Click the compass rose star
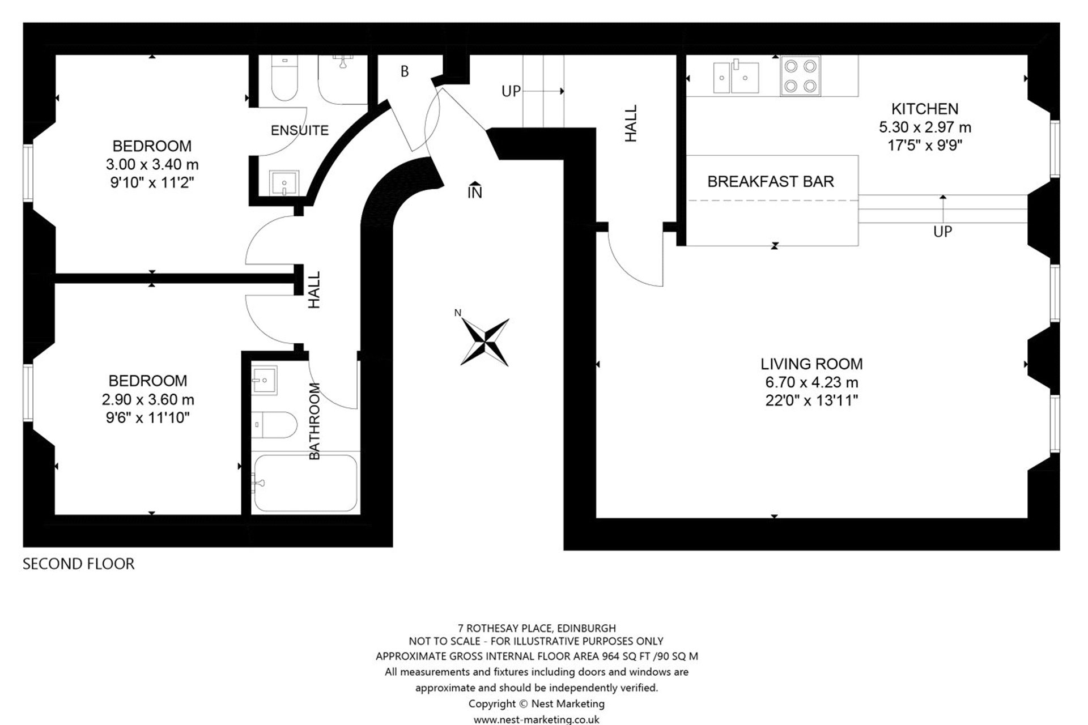(x=484, y=342)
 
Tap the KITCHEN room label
(x=925, y=109)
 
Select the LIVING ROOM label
(x=811, y=364)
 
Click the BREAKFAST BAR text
(x=771, y=181)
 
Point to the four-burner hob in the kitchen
(x=800, y=75)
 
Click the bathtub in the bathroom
(x=305, y=483)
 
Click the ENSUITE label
(x=300, y=130)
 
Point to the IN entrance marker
(x=475, y=191)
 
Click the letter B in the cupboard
(x=405, y=71)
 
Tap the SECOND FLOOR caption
(x=79, y=564)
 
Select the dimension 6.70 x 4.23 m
(x=811, y=382)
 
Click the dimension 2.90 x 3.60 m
(x=148, y=399)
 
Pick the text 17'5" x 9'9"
(x=925, y=146)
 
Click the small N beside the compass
(x=458, y=313)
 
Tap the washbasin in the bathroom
(x=264, y=380)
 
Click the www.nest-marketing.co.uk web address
(x=537, y=719)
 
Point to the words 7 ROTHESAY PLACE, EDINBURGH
(x=537, y=628)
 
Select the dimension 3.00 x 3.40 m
(x=152, y=164)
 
